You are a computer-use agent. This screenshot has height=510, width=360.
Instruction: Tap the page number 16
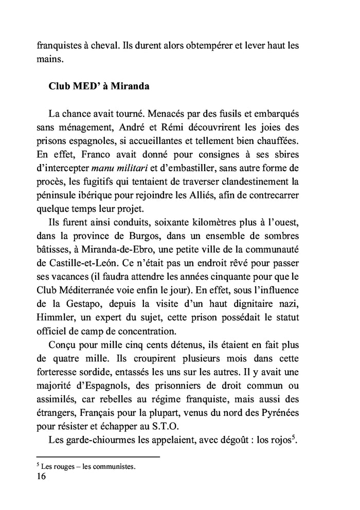tap(42, 477)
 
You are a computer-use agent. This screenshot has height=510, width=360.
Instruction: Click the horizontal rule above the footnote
tap(98, 456)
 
